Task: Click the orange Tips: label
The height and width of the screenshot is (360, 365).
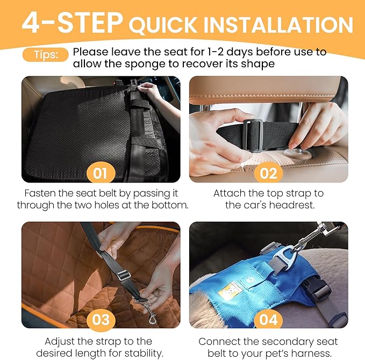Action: point(45,55)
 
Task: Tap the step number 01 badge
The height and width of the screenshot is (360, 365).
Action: point(101,173)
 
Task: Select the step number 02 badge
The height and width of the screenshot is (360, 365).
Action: point(268,173)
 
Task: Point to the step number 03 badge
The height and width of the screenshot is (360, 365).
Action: point(101,319)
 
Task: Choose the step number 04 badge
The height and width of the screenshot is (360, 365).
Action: point(268,319)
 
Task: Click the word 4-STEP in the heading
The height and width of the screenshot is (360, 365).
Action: point(72,23)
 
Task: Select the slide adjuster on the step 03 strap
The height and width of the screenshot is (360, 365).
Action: point(124,275)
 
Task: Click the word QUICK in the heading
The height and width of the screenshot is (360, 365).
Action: point(163,25)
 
